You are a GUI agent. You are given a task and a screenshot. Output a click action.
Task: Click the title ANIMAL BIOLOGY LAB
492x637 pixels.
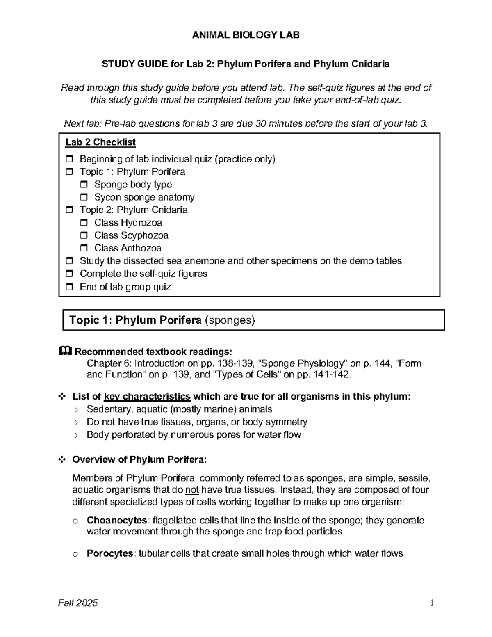(246, 35)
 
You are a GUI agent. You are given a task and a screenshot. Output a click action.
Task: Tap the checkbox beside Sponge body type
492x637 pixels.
(84, 185)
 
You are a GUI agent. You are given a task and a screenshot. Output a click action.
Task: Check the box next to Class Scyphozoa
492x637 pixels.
(84, 235)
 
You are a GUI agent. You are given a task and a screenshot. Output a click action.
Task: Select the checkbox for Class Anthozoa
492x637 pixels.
(84, 248)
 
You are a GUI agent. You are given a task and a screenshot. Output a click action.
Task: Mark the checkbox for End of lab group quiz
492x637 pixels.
(69, 287)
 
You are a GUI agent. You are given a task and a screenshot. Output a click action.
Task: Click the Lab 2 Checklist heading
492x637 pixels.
(100, 142)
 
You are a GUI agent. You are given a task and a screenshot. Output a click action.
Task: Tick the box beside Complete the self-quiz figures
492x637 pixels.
(69, 274)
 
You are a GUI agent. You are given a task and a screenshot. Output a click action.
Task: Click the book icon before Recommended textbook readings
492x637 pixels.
(66, 352)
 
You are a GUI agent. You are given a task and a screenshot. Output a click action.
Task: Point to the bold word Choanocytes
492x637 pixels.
(117, 521)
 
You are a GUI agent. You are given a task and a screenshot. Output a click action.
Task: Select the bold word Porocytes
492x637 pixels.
(110, 554)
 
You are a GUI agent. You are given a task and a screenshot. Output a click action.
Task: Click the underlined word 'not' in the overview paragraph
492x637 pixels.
(192, 490)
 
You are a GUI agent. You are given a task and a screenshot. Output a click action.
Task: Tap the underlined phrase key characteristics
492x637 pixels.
(147, 397)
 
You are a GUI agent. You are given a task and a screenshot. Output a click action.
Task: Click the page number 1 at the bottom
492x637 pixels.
(431, 603)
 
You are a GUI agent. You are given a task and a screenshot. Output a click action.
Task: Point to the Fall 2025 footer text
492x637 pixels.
(79, 603)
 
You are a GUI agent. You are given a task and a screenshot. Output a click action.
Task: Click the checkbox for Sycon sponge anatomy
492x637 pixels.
(84, 197)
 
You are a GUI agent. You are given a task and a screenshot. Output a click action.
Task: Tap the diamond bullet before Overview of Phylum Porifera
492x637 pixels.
(62, 460)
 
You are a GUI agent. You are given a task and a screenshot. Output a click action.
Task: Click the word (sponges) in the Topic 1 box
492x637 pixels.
(230, 320)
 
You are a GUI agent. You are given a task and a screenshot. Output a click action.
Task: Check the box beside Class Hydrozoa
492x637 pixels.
(84, 223)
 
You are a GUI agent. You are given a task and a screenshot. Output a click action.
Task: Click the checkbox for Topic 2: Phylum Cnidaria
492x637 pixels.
(69, 210)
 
